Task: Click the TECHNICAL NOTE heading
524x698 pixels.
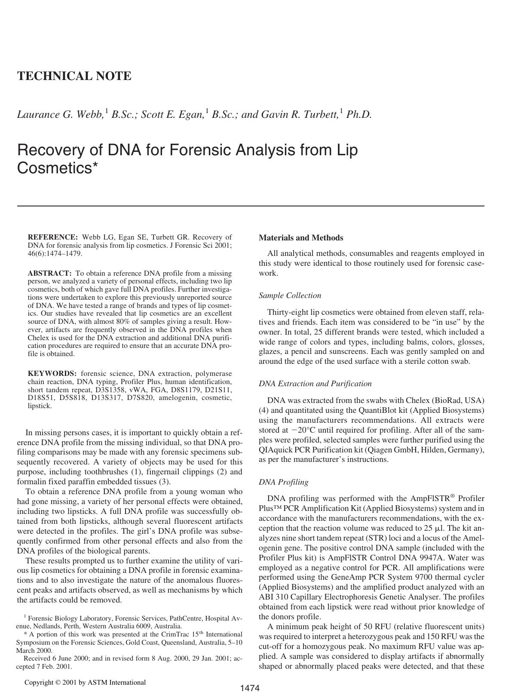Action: tap(74, 76)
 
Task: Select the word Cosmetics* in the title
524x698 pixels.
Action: tap(58, 168)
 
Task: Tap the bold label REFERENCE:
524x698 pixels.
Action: tap(52, 237)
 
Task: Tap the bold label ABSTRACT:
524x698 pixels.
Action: tap(49, 274)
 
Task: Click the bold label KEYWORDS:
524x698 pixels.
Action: tap(52, 374)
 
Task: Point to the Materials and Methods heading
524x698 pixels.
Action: tap(301, 238)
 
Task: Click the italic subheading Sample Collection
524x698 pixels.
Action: tap(290, 295)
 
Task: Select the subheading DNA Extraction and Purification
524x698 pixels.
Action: tap(315, 384)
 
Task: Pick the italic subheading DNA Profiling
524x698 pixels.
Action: tap(283, 482)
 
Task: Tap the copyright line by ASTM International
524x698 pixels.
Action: tap(85, 682)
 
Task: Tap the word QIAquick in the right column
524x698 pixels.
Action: tap(274, 450)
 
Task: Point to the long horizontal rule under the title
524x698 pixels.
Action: tap(251, 206)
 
